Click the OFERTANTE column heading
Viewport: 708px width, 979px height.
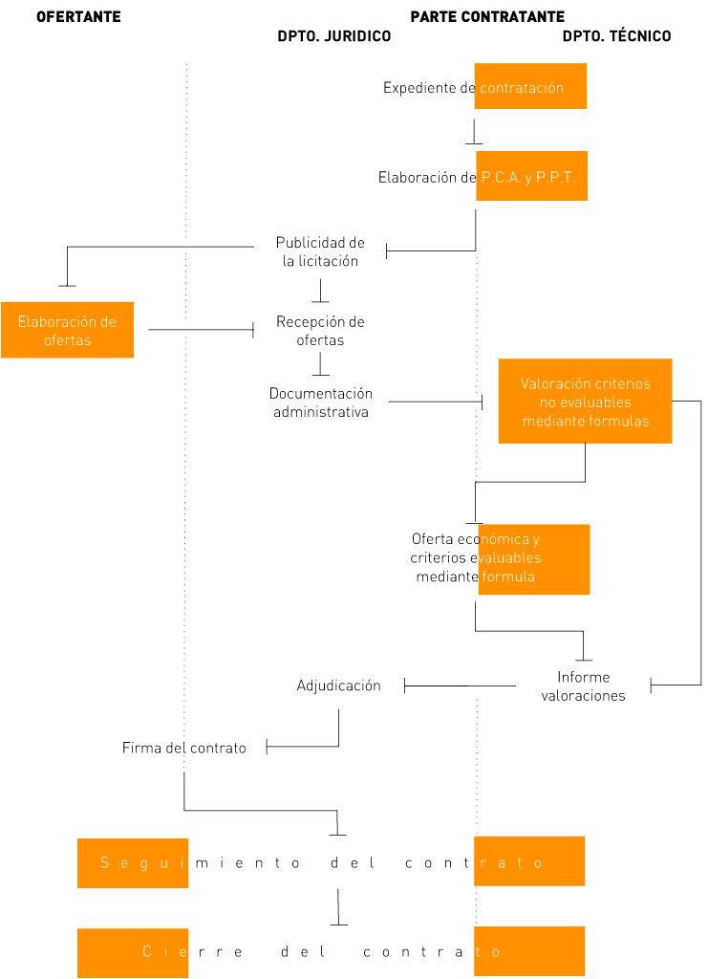(x=78, y=17)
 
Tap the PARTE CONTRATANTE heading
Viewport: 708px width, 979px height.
(x=487, y=17)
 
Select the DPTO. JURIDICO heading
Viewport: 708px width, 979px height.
(x=333, y=36)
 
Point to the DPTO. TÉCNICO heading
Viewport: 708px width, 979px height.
(x=616, y=36)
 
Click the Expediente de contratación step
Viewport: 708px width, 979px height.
(x=474, y=88)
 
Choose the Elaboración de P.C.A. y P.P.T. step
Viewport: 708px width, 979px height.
(x=478, y=177)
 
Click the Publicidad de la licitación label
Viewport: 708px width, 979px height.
(x=320, y=251)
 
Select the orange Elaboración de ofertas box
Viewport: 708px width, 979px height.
(x=67, y=330)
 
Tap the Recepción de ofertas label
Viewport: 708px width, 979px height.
(x=320, y=331)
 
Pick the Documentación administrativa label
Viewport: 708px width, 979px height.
(x=320, y=402)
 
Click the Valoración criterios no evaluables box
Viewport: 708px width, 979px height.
(x=585, y=402)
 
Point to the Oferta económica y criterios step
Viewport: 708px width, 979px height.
(x=476, y=558)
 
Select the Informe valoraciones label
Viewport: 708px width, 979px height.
(x=583, y=686)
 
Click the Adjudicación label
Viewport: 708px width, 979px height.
(x=338, y=685)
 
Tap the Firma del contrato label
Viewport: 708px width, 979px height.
(x=183, y=748)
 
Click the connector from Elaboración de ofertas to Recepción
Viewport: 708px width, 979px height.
(x=201, y=330)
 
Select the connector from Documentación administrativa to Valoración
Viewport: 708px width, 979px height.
(x=435, y=402)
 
